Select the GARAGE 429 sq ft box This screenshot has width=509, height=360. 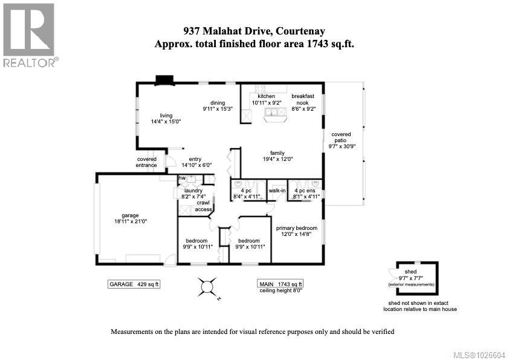(x=133, y=284)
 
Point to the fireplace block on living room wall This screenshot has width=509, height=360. (x=164, y=80)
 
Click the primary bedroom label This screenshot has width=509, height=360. (x=296, y=228)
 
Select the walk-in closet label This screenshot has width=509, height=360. (x=277, y=190)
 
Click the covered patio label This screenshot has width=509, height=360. (x=340, y=138)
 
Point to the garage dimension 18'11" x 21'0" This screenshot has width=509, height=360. (x=130, y=222)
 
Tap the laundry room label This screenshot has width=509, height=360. (x=193, y=190)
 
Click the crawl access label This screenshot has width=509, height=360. (x=204, y=206)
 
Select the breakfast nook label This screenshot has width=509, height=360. (x=303, y=100)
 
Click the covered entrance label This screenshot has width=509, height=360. (x=147, y=162)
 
